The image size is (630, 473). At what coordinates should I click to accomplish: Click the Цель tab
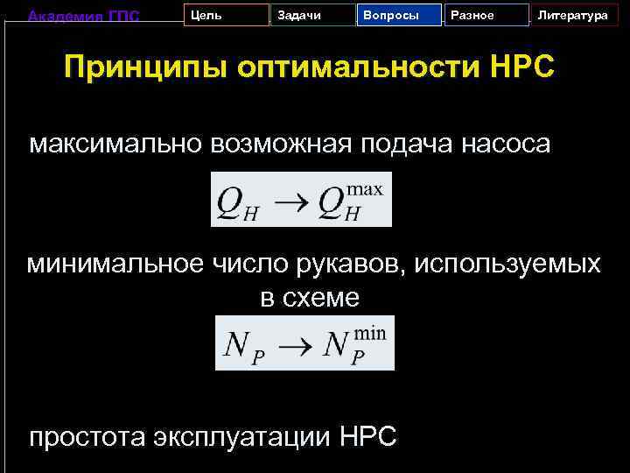[x=226, y=16]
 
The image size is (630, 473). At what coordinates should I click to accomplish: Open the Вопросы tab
[x=399, y=16]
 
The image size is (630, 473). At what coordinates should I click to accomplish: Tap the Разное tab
[x=486, y=16]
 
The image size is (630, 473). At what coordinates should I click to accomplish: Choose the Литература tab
[x=572, y=16]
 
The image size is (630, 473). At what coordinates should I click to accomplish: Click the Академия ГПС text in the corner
[x=83, y=15]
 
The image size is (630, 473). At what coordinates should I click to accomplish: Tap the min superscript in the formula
[x=370, y=331]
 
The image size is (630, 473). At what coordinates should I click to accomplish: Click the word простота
[x=87, y=436]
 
